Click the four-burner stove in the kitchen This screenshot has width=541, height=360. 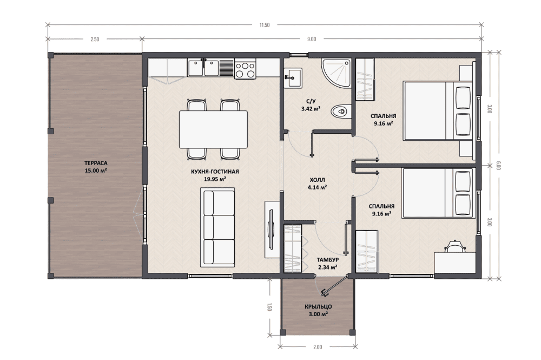(x=245, y=69)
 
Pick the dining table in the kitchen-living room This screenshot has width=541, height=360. (x=213, y=129)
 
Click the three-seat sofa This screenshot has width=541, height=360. (x=217, y=227)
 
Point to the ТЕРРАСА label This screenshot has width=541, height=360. (x=96, y=163)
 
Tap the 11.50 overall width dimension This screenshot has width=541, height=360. (x=265, y=25)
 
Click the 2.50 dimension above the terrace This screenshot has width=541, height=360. (x=95, y=39)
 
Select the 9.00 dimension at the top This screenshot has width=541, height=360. (x=312, y=39)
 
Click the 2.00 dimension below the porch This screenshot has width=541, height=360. (x=318, y=347)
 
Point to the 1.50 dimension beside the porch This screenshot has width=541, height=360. (x=269, y=307)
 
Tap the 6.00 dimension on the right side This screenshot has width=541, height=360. (x=498, y=165)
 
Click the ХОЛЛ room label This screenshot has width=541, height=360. (x=318, y=180)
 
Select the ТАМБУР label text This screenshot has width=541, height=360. (x=328, y=259)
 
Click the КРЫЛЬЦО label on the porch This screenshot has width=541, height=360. (x=319, y=306)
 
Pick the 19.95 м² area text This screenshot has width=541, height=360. (x=215, y=179)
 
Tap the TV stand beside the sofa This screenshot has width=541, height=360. (x=272, y=229)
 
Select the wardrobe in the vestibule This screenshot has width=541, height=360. (x=293, y=248)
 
